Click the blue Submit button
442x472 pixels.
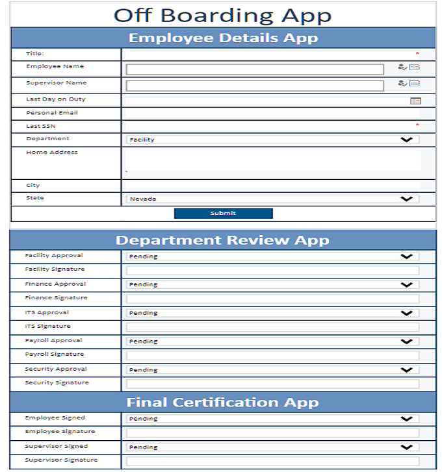coord(223,213)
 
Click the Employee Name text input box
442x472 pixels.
coord(255,69)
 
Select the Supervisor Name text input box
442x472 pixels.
coord(255,85)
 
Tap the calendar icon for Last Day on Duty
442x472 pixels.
coord(415,101)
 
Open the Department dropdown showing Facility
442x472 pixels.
coord(272,140)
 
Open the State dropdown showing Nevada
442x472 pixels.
coord(272,199)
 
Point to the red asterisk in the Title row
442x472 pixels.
coord(417,54)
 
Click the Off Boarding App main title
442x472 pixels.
coord(222,15)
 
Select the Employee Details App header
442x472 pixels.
coord(223,38)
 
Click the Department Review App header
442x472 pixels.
coord(223,240)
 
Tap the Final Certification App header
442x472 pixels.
coord(223,403)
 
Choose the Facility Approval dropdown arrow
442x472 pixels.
coord(407,256)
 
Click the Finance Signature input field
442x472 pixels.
coord(272,299)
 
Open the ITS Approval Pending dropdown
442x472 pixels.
coord(272,313)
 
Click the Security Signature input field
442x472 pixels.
coord(272,384)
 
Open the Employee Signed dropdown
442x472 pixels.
coord(272,419)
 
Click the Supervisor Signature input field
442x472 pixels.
coord(272,461)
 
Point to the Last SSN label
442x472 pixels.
coord(41,126)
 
